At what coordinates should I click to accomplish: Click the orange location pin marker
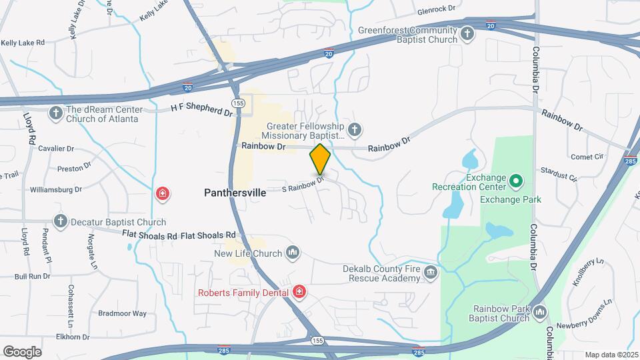pyautogui.click(x=320, y=159)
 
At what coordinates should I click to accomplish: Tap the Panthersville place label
pyautogui.click(x=235, y=192)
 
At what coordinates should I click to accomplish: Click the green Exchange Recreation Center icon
pyautogui.click(x=515, y=181)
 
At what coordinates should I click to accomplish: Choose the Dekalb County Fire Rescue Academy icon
pyautogui.click(x=431, y=271)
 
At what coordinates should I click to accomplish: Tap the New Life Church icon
pyautogui.click(x=292, y=253)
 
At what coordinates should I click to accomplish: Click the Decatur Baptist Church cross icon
pyautogui.click(x=61, y=221)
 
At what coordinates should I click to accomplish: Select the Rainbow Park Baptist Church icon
pyautogui.click(x=540, y=311)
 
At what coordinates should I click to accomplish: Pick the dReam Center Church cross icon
pyautogui.click(x=55, y=113)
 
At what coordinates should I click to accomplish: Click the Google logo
pyautogui.click(x=22, y=351)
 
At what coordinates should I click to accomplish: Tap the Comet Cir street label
pyautogui.click(x=587, y=157)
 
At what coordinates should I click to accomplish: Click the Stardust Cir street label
pyautogui.click(x=559, y=173)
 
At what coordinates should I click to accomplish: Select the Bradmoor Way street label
pyautogui.click(x=122, y=313)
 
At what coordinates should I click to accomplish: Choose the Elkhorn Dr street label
pyautogui.click(x=73, y=337)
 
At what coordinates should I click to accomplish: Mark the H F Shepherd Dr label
pyautogui.click(x=201, y=107)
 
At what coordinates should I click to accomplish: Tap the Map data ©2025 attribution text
pyautogui.click(x=611, y=355)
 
